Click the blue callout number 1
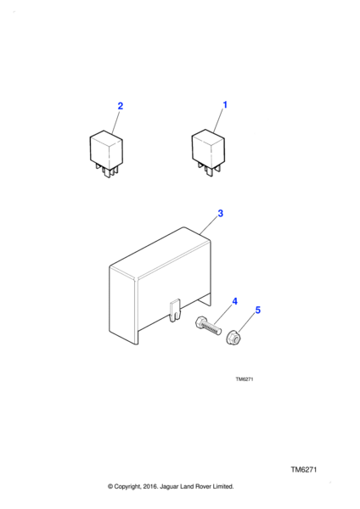coord(225,105)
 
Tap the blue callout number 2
coord(121,106)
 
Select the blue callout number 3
coord(220,213)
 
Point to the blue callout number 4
coord(234,301)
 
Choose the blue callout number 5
coord(257,310)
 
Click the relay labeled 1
coord(208,152)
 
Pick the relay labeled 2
coord(106,154)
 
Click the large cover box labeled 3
coord(160,285)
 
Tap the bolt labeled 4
coord(208,327)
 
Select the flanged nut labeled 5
coord(233,338)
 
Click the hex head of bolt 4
coord(200,323)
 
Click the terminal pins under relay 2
coord(107,171)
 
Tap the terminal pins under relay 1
coord(209,169)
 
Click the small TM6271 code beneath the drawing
coord(245,379)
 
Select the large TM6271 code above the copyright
coord(303,469)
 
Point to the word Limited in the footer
coord(223,486)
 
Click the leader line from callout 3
coord(209,226)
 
